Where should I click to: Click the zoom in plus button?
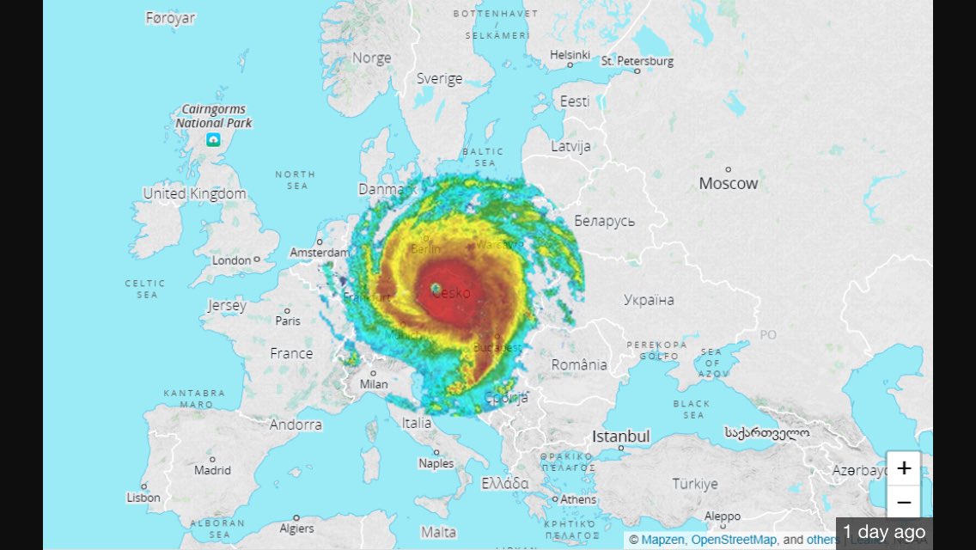pos(903,468)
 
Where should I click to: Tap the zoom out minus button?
pos(903,502)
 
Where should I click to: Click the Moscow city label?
pos(729,183)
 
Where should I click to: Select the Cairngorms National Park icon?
pos(213,140)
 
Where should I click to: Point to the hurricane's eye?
pos(436,288)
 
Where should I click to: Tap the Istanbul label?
pos(620,437)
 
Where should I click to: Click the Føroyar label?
pos(170,18)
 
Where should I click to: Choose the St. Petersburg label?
pos(637,61)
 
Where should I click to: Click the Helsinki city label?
pos(570,55)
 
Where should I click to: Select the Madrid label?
pos(212,470)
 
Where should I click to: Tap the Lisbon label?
pos(143,498)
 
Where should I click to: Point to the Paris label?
pos(288,321)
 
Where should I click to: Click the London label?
pos(232,260)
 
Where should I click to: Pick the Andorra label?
pos(296,425)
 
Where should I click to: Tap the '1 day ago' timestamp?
pos(884,532)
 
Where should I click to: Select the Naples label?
pos(436,463)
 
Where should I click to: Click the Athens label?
pos(578,499)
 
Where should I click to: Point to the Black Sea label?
pos(692,409)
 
